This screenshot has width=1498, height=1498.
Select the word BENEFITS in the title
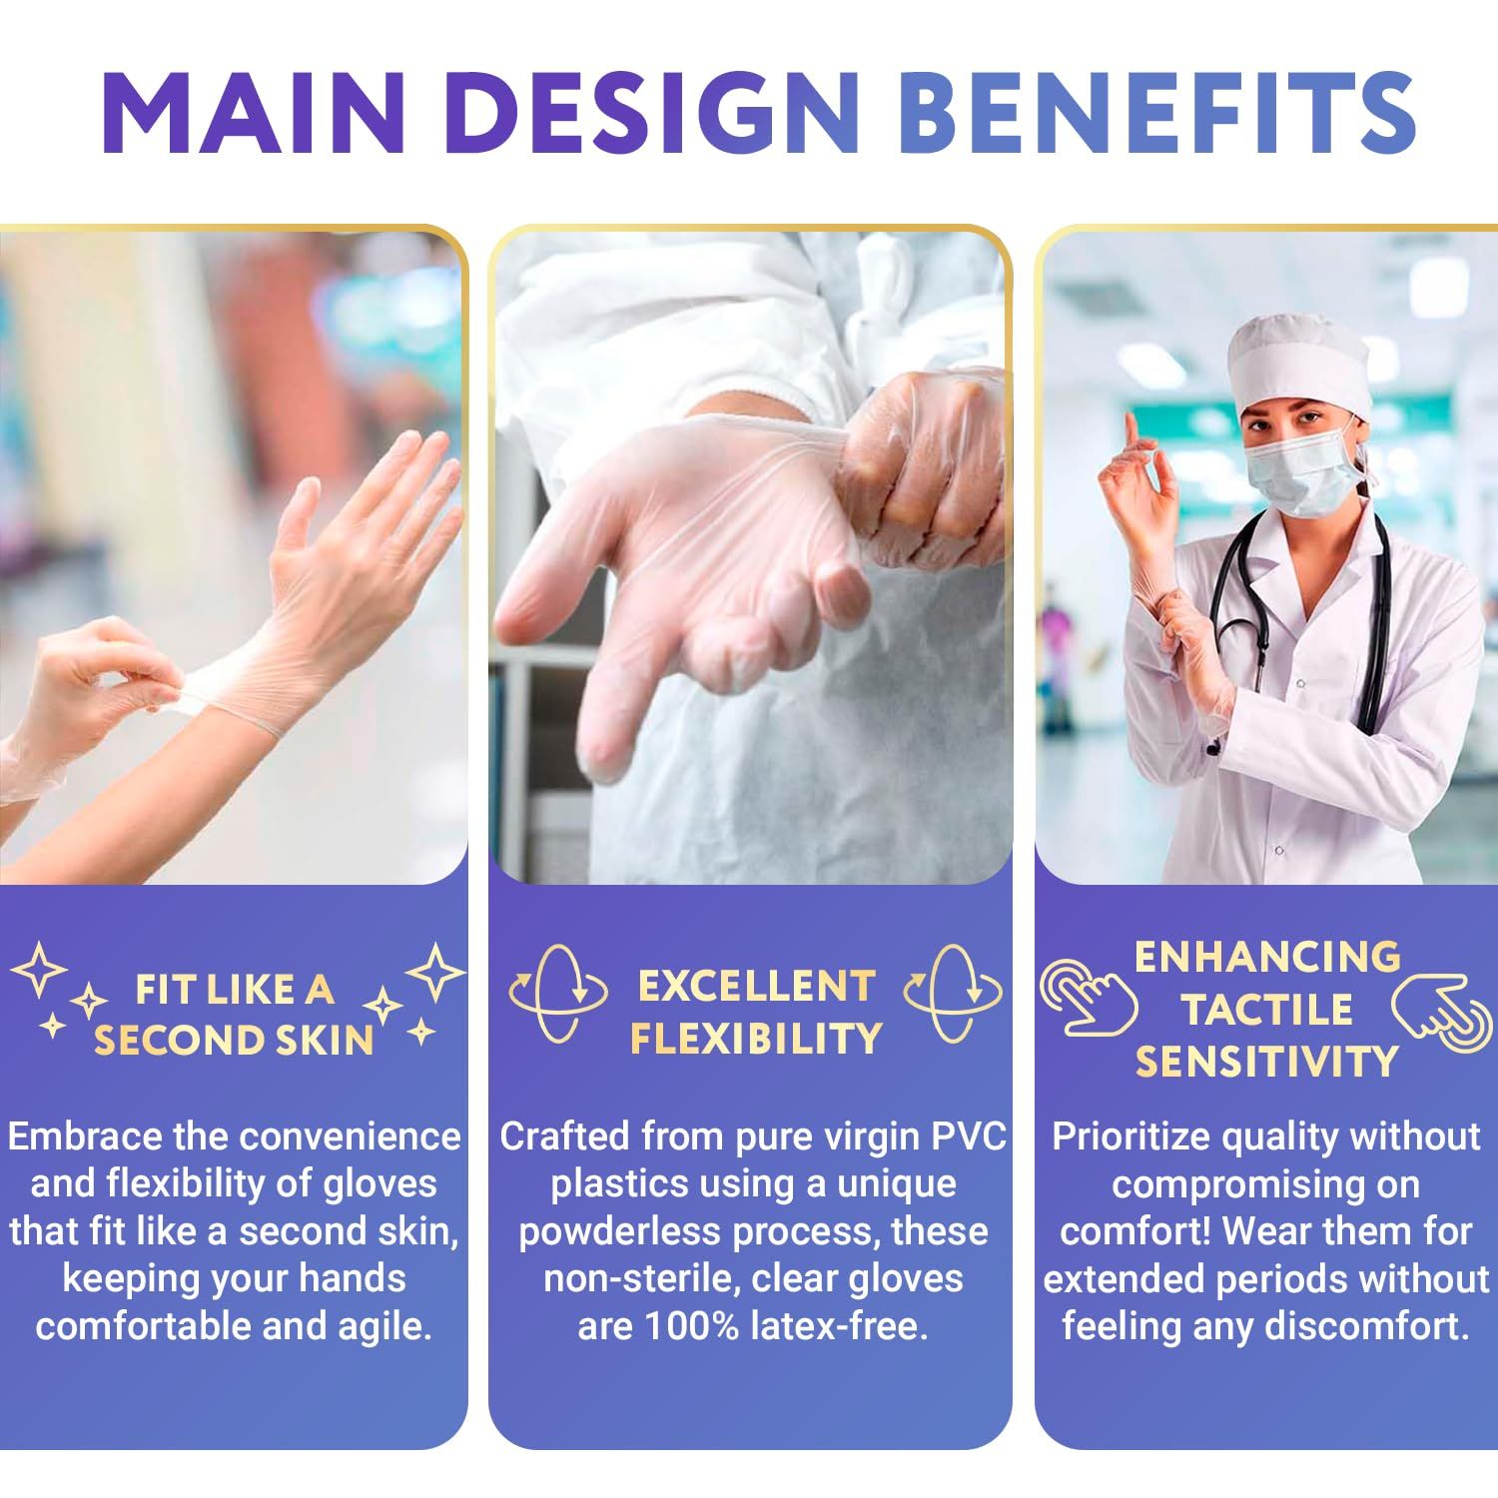coord(1156,111)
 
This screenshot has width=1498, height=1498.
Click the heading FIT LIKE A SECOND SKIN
coord(234,1015)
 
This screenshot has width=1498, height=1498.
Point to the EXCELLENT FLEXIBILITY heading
coord(755,1013)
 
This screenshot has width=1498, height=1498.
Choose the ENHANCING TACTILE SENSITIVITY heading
coord(1266,1009)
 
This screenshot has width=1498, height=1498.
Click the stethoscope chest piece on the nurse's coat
coord(1213,743)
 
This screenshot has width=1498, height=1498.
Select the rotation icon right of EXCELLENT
coord(953,993)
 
